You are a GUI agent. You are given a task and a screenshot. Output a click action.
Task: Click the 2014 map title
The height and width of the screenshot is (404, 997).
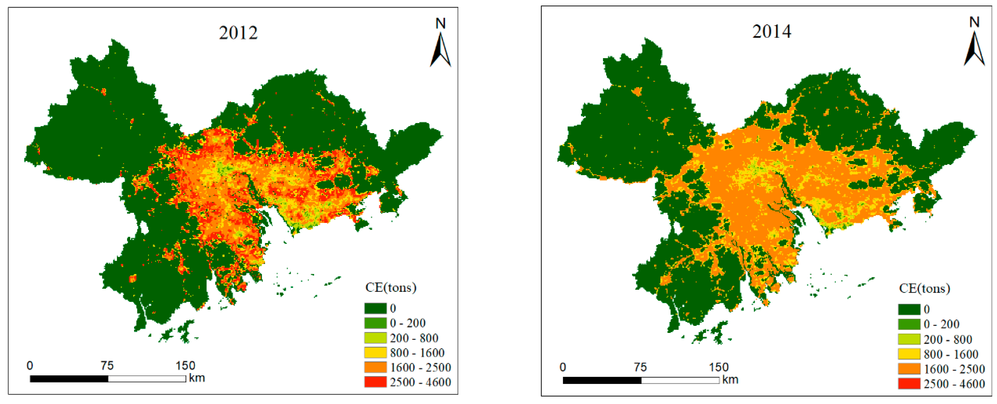point(771,32)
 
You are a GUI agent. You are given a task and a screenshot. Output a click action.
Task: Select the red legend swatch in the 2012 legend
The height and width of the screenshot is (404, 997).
point(375,382)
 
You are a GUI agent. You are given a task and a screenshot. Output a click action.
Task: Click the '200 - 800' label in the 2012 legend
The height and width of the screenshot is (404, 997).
point(414,338)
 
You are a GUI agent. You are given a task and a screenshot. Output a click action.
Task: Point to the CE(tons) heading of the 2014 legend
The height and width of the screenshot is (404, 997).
point(924,288)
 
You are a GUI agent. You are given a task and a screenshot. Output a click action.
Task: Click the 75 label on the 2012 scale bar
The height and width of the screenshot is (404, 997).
point(107,366)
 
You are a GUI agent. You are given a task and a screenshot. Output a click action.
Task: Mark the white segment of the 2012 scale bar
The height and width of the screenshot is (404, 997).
point(147,379)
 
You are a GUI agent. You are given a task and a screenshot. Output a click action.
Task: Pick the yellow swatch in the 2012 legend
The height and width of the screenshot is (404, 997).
point(375,352)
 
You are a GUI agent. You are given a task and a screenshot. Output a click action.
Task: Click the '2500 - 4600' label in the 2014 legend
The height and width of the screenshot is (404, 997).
point(954,384)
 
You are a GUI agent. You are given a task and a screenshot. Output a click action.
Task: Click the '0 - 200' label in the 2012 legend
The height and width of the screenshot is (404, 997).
point(408,323)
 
